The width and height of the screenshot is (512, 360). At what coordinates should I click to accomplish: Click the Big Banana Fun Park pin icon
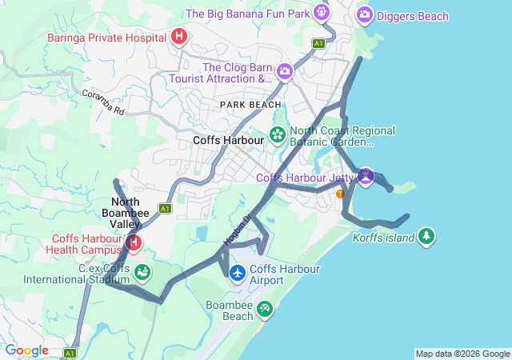322,13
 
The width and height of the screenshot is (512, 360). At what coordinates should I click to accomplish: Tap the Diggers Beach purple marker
365,14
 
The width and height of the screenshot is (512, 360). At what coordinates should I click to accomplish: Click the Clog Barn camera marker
284,73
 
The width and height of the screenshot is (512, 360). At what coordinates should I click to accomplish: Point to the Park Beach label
250,105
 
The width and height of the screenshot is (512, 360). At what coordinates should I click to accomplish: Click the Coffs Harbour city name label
228,140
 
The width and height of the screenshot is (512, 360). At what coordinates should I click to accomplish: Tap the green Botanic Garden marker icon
278,134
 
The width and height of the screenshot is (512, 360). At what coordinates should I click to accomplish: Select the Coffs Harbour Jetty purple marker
366,176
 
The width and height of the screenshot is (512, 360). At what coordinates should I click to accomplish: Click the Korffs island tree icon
427,236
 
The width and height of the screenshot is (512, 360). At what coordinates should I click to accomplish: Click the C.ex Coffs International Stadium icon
142,272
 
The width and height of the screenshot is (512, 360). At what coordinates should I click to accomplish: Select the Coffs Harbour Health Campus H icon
134,242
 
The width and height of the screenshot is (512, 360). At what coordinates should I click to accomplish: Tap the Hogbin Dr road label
238,229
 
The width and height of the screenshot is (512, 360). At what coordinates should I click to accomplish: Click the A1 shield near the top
319,43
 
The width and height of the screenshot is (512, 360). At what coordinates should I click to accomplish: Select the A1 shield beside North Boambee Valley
166,208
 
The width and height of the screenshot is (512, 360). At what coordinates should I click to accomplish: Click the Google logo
26,350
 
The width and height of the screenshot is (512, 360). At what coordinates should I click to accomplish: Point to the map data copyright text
462,354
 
